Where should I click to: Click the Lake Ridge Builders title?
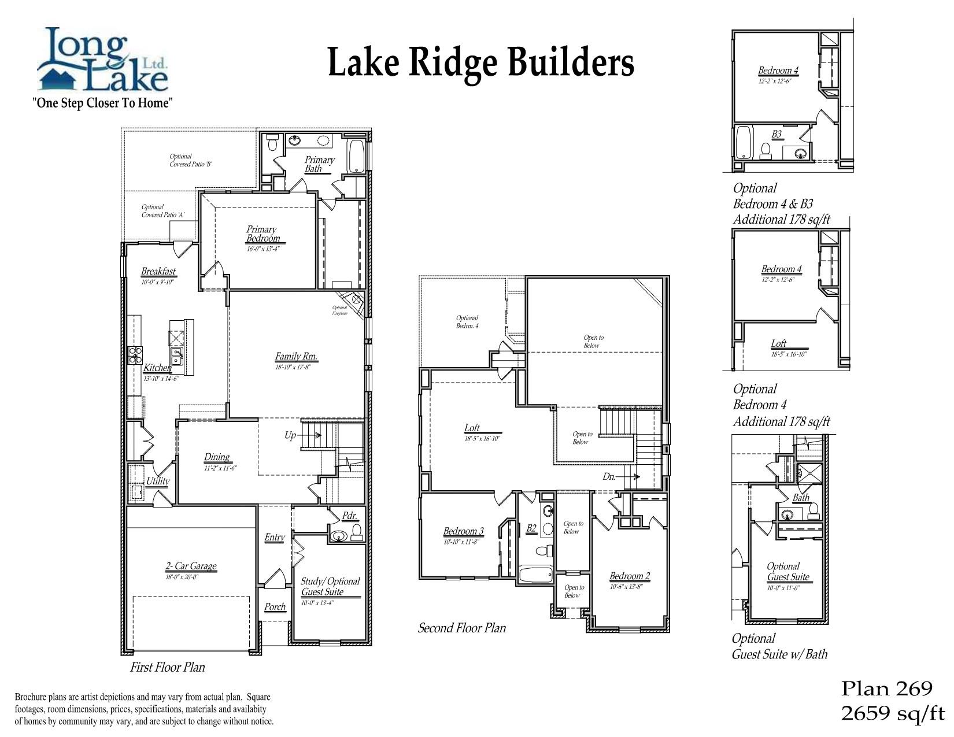[x=480, y=62]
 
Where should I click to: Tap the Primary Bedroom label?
[x=262, y=234]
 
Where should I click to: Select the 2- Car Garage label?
[x=191, y=566]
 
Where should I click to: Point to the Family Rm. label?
[x=296, y=357]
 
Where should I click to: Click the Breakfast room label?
[x=158, y=271]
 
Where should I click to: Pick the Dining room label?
[x=217, y=457]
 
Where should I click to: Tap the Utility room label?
[x=157, y=481]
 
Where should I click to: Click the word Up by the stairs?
[x=290, y=435]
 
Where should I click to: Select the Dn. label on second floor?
[x=609, y=477]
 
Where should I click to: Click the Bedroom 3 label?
[x=463, y=531]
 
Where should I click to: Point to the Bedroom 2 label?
[x=630, y=576]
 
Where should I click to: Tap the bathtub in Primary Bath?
[x=357, y=156]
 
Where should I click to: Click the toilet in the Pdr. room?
[x=356, y=532]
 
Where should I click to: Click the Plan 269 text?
[x=886, y=688]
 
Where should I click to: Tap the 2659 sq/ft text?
[x=892, y=713]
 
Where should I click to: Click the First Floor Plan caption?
[x=167, y=667]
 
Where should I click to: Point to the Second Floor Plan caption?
[x=461, y=628]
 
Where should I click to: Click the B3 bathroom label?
[x=776, y=134]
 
